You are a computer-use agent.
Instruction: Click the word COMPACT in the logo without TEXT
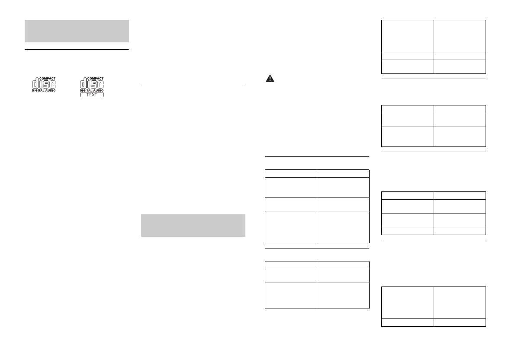(x=48, y=79)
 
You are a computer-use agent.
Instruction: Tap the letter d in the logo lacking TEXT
(x=35, y=84)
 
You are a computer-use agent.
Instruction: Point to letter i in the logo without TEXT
(x=42, y=84)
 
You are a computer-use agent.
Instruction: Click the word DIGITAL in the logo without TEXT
(x=39, y=90)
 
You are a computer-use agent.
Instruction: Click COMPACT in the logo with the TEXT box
(x=95, y=79)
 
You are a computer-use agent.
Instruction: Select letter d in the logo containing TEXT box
(x=83, y=84)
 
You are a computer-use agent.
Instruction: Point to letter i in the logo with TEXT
(x=89, y=84)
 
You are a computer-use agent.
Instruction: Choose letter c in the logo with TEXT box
(x=100, y=84)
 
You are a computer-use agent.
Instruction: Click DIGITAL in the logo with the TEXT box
(x=86, y=90)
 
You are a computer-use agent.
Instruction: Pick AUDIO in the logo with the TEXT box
(x=98, y=90)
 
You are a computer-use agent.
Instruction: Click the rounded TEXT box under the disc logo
(x=92, y=95)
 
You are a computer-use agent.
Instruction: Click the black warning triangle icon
(x=269, y=79)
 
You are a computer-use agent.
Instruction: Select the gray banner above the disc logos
(x=77, y=31)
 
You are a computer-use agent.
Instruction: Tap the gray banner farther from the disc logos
(x=193, y=225)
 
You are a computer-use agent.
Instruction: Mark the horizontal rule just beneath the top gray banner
(x=77, y=49)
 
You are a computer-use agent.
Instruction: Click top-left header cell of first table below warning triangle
(x=290, y=173)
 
